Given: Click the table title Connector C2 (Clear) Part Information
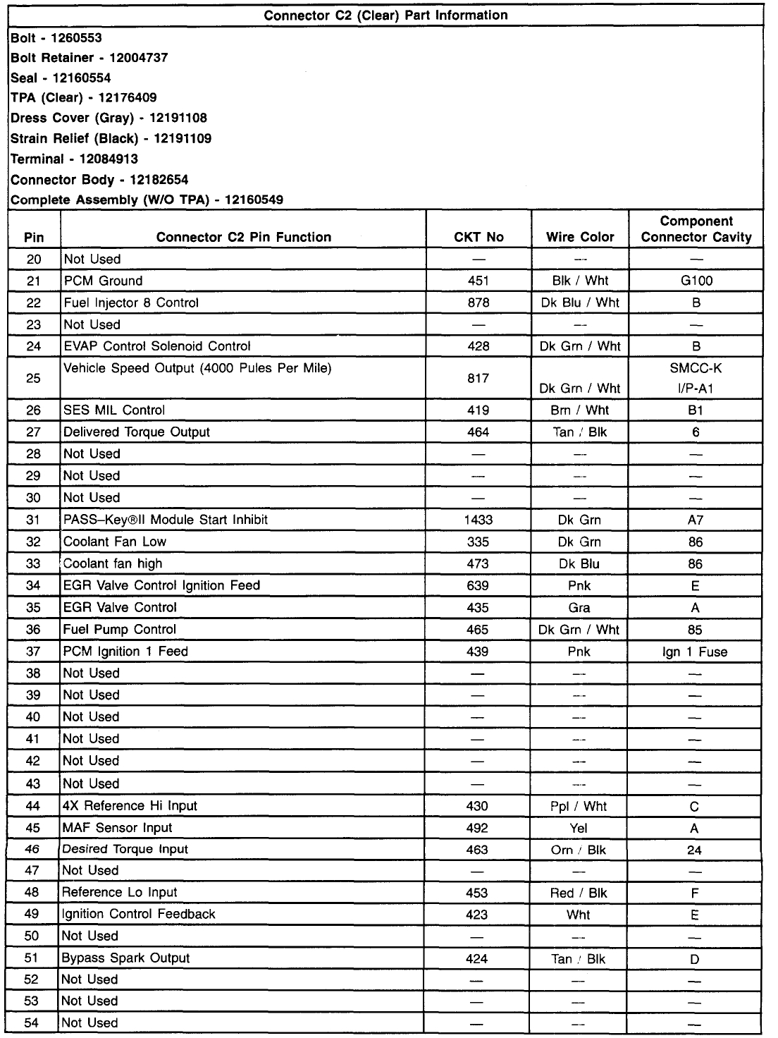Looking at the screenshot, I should click(x=385, y=15).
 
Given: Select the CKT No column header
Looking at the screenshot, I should click(x=478, y=237).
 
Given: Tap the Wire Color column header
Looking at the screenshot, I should click(x=580, y=237).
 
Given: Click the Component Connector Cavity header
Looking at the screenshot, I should click(x=696, y=229).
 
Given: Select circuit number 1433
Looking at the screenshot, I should click(x=478, y=520).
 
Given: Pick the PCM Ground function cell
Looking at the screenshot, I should click(x=103, y=281).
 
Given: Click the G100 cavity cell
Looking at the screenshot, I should click(x=696, y=281).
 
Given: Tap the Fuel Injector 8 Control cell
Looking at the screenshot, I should click(x=131, y=303).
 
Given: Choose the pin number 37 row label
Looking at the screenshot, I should click(x=33, y=651).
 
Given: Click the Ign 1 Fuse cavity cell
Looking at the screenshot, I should click(x=695, y=652).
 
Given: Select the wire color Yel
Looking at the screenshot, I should click(x=579, y=828).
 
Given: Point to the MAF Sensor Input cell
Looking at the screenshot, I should click(x=117, y=827).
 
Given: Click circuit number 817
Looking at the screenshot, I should click(x=478, y=379).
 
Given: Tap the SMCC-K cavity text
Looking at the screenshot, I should click(x=696, y=368).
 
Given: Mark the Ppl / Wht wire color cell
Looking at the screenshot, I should click(x=579, y=806).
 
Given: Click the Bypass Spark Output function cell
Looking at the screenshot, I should click(x=125, y=958).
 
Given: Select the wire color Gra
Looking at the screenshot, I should click(x=579, y=608).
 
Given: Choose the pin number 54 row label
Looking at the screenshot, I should click(x=32, y=1022).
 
